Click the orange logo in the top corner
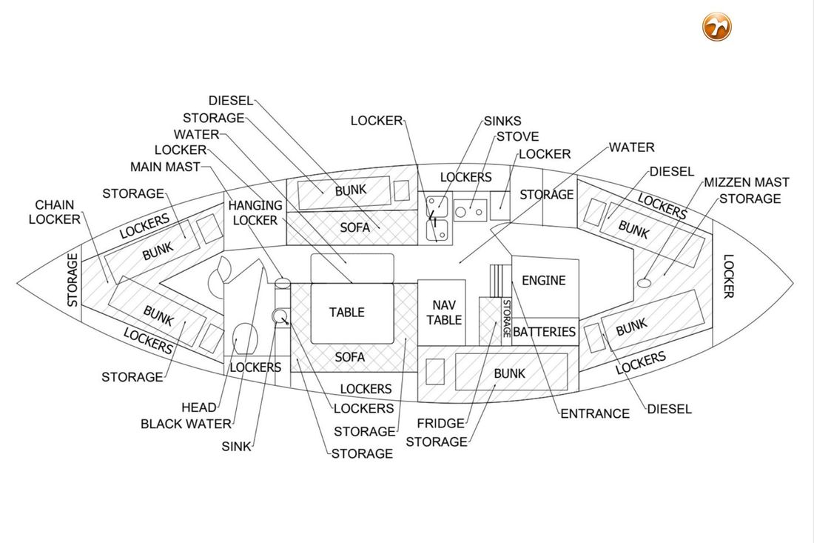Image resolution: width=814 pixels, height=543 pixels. pos(717,27)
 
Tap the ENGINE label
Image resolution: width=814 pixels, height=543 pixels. pos(543,281)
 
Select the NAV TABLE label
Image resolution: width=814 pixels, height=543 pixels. pos(444,312)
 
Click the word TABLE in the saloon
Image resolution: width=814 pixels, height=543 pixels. pos(347,313)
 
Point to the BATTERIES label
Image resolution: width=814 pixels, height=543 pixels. pos(544,332)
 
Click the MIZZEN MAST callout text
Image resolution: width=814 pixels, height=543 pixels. pos(746,182)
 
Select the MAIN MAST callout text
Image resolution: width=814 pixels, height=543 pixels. pos(165,167)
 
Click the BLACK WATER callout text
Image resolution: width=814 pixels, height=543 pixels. pos(186,424)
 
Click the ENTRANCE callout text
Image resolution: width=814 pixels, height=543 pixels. pos(595,413)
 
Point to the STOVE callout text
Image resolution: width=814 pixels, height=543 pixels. pos(517,137)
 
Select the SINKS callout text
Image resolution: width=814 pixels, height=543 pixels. pos(502,121)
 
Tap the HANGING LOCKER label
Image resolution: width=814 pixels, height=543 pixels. pos(255,213)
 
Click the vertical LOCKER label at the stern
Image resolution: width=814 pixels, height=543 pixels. pos(728,276)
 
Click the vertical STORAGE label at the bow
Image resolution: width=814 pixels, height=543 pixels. pos(73,280)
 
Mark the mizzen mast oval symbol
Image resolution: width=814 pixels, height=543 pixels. pos(643,282)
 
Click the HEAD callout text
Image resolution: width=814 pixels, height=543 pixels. pos(198,407)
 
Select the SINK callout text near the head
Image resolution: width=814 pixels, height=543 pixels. pos(236,447)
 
